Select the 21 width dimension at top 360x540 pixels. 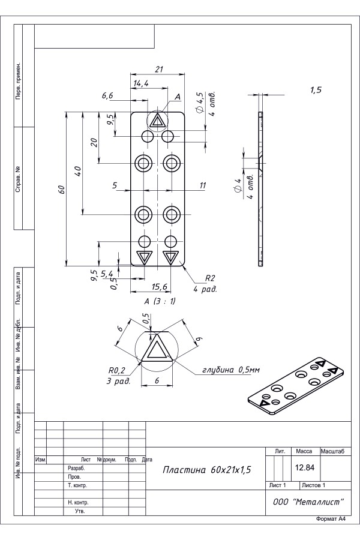point(158,70)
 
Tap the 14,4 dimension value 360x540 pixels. point(142,83)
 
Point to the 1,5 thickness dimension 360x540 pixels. point(316,90)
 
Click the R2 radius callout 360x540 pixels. point(210,278)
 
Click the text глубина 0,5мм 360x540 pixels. point(231,370)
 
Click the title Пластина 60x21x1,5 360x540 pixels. point(206,469)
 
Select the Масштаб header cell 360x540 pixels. point(332,451)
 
